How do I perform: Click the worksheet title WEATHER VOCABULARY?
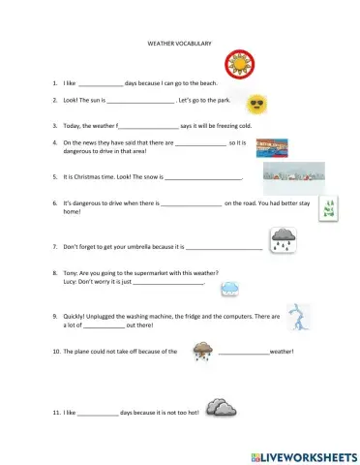179,45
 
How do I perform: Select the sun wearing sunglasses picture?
257,104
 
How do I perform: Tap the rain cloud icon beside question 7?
284,239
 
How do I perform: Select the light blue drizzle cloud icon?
230,288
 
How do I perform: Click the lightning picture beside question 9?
301,317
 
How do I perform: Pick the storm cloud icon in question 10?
203,351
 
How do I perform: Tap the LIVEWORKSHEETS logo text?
309,454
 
